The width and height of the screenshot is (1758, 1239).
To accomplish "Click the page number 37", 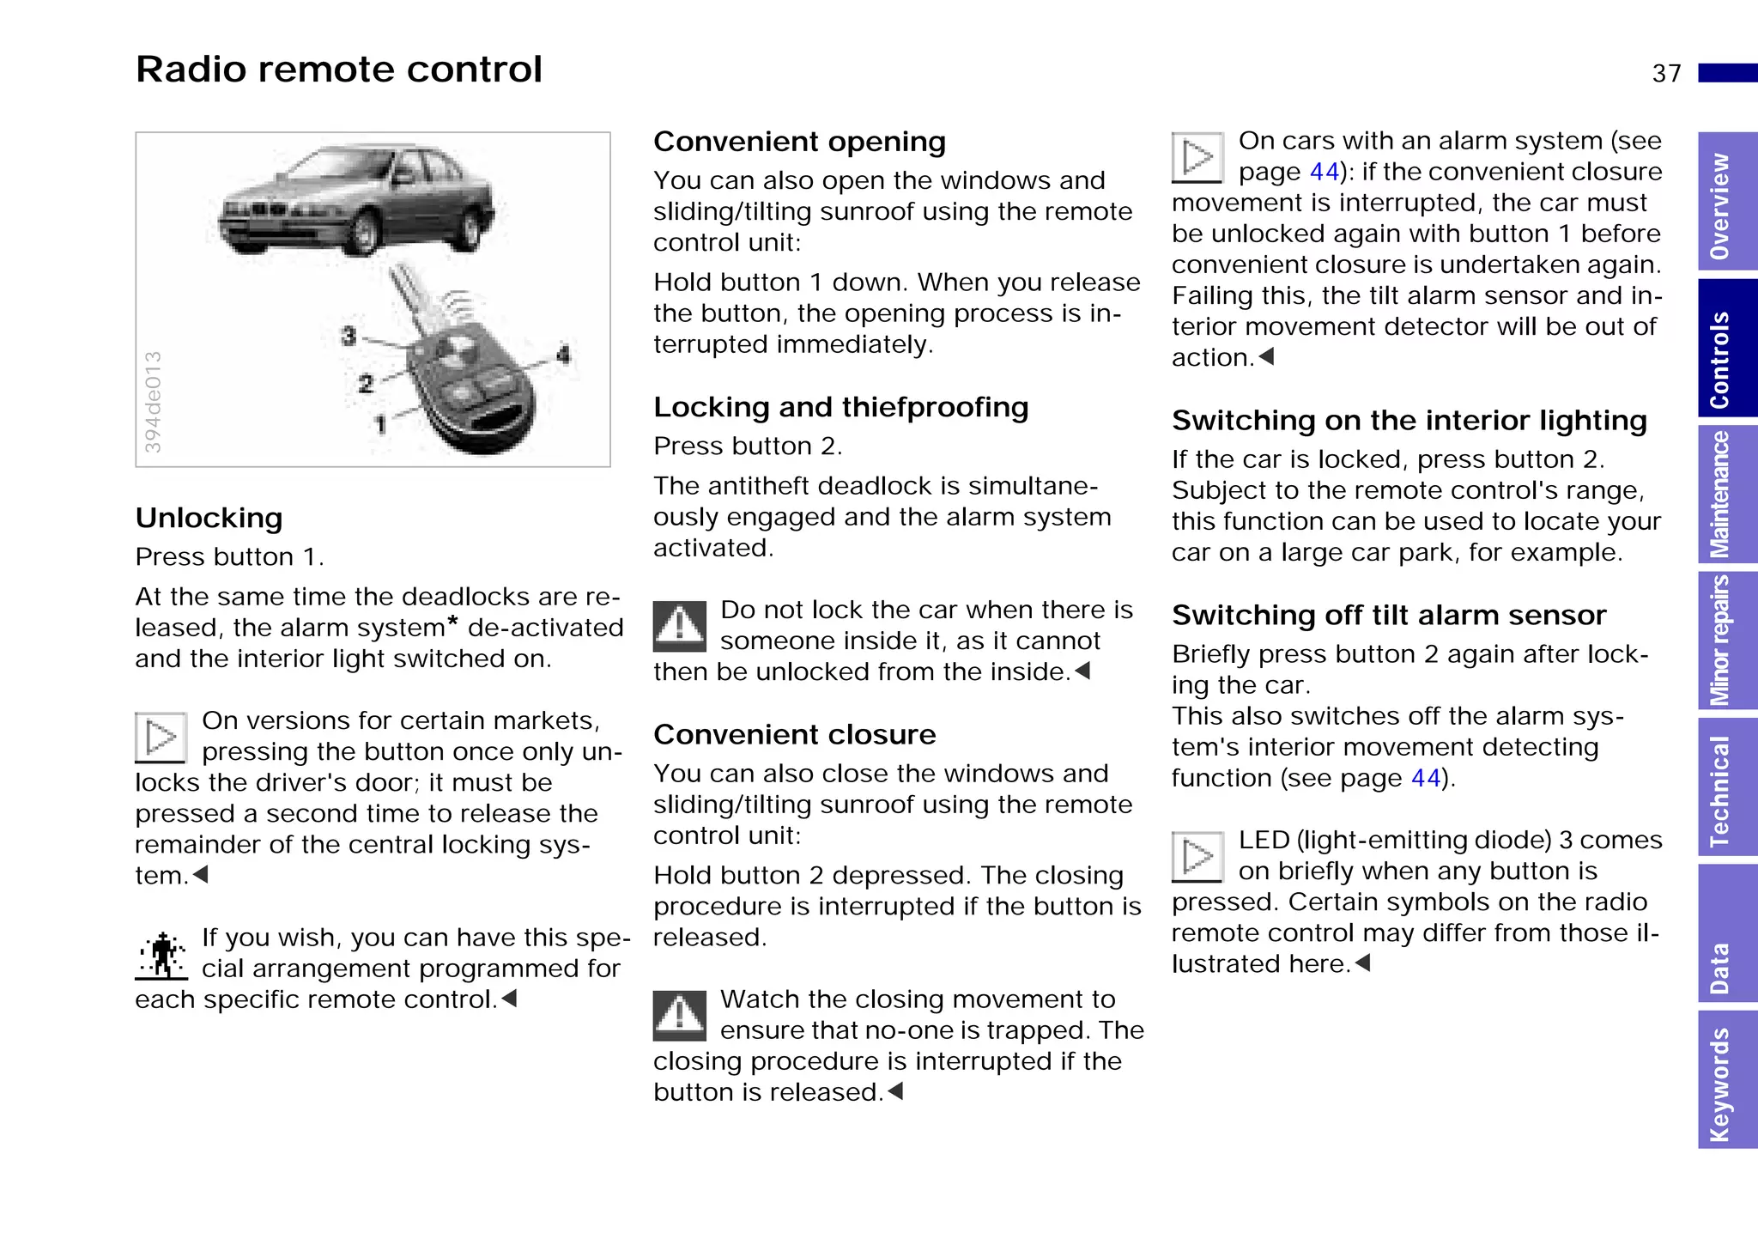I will [x=1666, y=74].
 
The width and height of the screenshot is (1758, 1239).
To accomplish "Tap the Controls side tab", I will [x=1726, y=349].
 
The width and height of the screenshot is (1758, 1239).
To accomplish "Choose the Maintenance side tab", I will [x=1726, y=495].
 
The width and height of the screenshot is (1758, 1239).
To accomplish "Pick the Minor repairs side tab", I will [x=1726, y=641].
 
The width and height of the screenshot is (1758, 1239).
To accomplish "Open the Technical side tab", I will [x=1726, y=787].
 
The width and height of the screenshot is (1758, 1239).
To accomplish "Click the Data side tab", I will [x=1726, y=932].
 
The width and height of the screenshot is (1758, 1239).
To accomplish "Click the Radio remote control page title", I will [x=339, y=70].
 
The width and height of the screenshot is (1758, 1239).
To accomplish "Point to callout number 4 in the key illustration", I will [x=563, y=354].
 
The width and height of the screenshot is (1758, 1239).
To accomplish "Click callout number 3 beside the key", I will [x=348, y=336].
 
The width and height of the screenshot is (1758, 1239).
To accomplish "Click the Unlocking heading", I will [x=209, y=518].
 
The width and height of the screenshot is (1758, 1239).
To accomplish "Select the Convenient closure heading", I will [x=794, y=735].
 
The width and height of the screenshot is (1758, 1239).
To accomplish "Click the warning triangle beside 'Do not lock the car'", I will [x=679, y=626].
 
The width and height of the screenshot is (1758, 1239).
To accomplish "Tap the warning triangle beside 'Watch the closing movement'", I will [x=679, y=1015].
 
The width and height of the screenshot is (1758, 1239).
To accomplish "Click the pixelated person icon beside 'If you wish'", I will [x=161, y=956].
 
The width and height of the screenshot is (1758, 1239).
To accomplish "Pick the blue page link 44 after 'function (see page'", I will [x=1425, y=778].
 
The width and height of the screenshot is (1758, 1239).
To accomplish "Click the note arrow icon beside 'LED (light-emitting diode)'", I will [x=1197, y=857].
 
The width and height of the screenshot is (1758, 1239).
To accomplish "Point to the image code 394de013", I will [x=153, y=402].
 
